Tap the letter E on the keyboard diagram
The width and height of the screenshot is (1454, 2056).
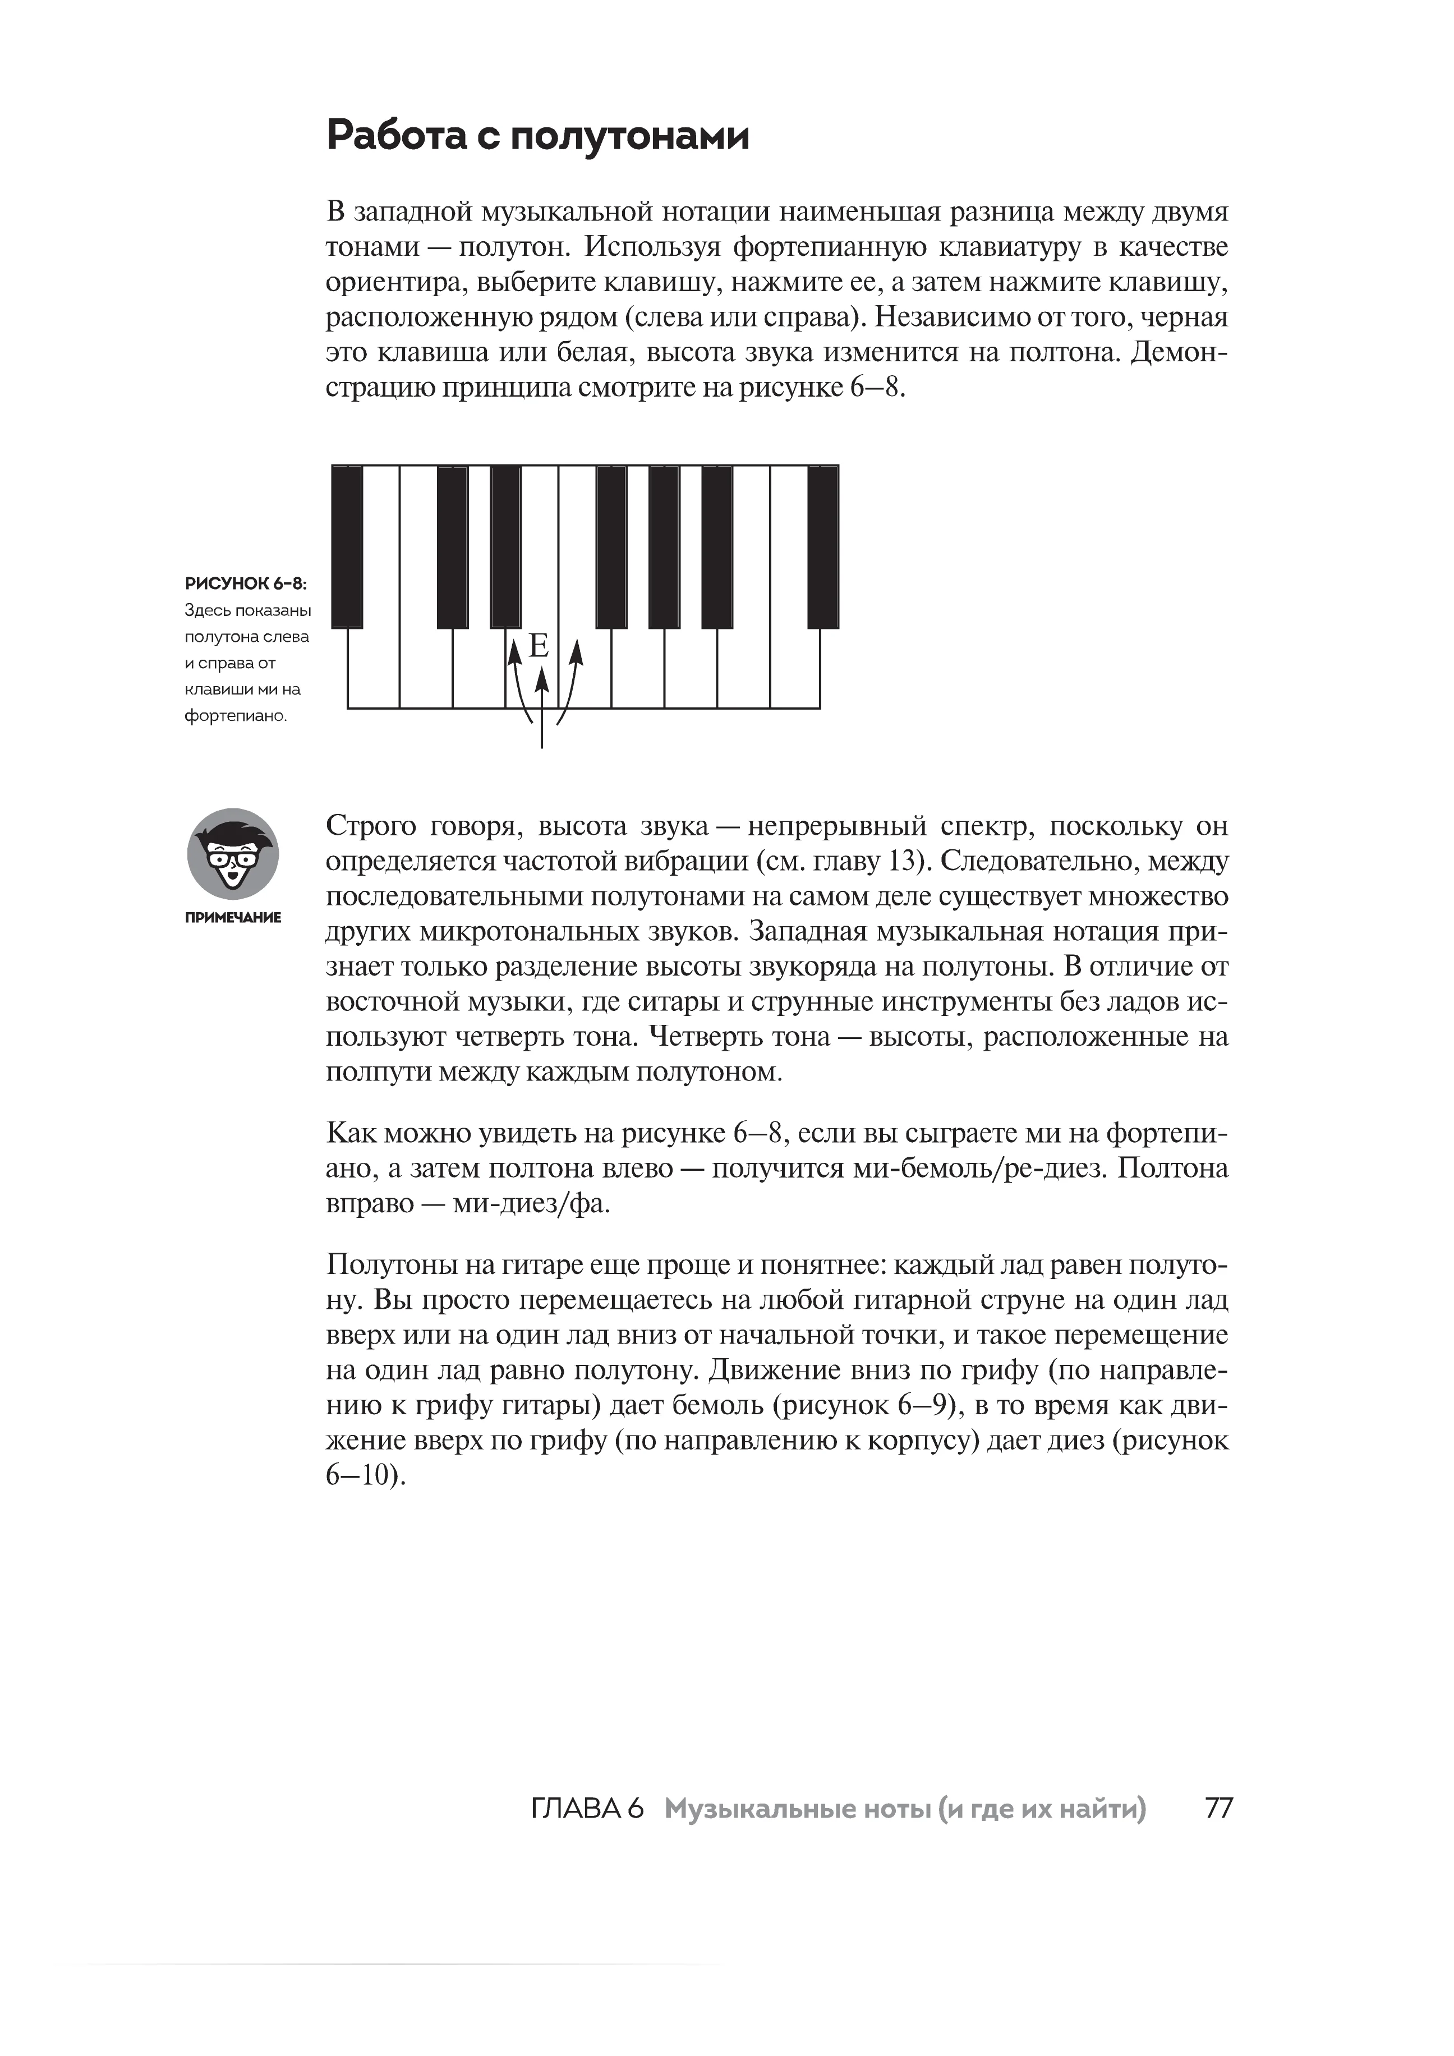coord(538,646)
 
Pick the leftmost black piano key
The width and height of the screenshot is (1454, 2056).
coord(347,546)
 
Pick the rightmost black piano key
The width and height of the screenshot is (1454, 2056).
coord(823,546)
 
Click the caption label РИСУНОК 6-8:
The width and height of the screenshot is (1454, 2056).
coord(245,584)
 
